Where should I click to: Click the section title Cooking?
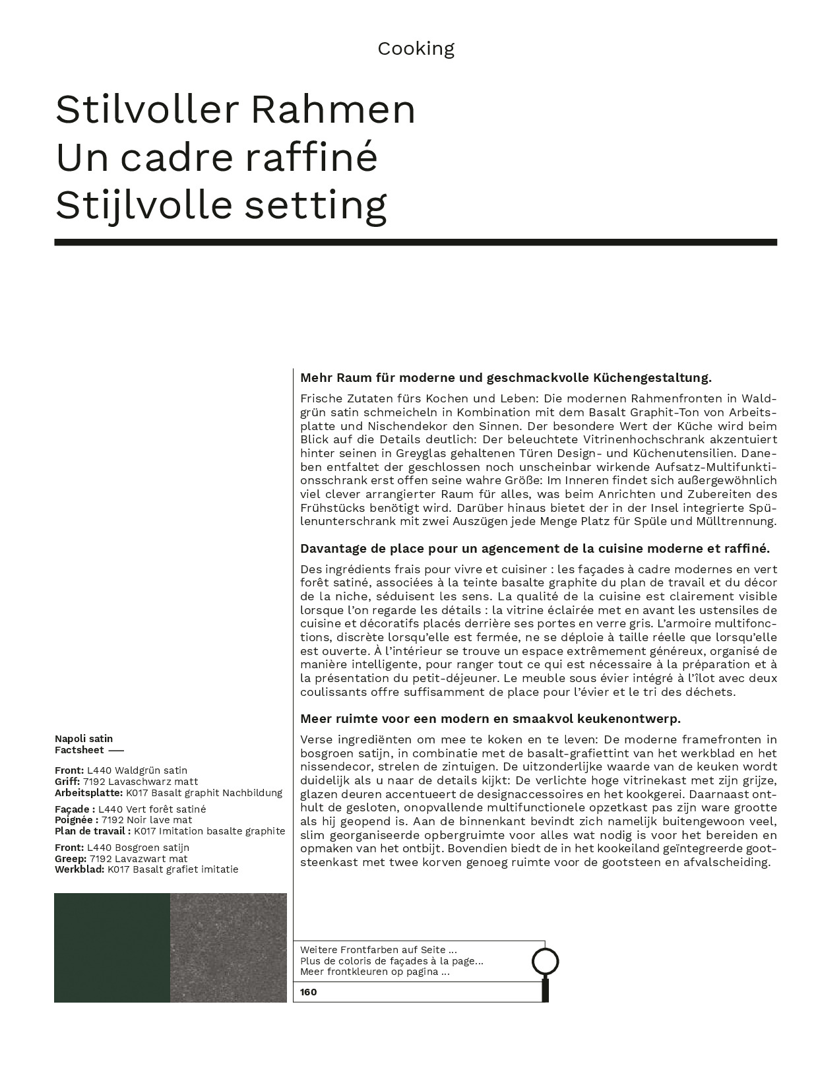click(x=416, y=49)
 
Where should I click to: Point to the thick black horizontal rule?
click(x=416, y=243)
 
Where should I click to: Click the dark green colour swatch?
click(x=112, y=947)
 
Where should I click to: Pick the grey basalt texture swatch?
click(x=228, y=947)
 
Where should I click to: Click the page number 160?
click(x=309, y=992)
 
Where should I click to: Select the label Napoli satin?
click(x=84, y=739)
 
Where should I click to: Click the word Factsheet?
click(x=79, y=750)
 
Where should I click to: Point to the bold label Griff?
click(x=67, y=782)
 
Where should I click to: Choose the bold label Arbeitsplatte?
click(x=88, y=793)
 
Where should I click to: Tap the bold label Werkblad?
click(x=79, y=869)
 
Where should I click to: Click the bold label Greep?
click(x=71, y=859)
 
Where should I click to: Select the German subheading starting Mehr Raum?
click(x=505, y=378)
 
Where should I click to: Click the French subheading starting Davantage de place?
click(x=534, y=549)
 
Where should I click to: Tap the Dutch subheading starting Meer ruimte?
click(x=490, y=719)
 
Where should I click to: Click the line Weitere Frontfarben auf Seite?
click(x=378, y=951)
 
